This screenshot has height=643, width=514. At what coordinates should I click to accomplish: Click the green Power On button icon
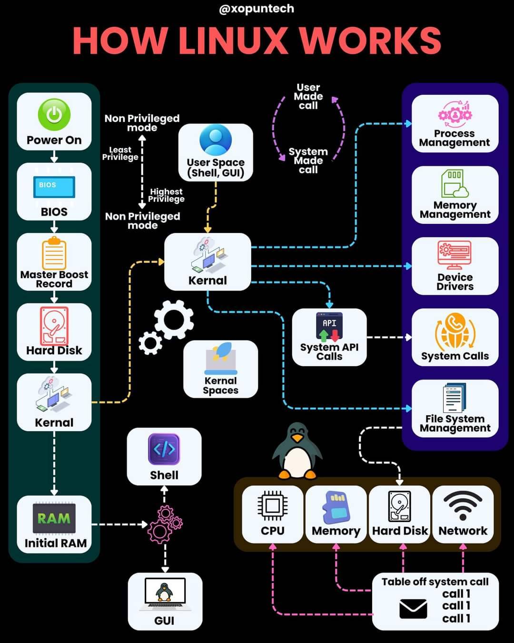click(54, 114)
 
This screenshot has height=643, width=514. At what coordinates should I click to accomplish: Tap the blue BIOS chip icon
click(54, 187)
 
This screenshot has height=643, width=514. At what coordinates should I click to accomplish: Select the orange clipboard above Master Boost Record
click(54, 253)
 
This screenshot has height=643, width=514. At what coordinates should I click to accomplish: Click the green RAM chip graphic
click(54, 518)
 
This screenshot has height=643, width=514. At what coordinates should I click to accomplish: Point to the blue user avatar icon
click(215, 140)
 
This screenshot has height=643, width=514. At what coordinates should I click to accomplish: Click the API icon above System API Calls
click(329, 327)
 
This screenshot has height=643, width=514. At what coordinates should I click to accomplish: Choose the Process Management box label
click(454, 138)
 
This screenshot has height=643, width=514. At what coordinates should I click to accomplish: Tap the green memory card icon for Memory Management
click(455, 183)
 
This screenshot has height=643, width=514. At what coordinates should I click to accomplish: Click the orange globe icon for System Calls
click(455, 331)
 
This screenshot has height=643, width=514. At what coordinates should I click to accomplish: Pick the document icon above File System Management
click(454, 397)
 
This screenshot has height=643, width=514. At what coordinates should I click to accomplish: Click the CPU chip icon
click(272, 505)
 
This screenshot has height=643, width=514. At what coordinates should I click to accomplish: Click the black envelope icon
click(413, 609)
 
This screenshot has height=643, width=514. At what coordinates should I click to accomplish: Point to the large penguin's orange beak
click(297, 438)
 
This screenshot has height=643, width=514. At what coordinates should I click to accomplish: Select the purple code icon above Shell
click(164, 449)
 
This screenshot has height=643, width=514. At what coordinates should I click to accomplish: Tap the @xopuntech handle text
click(257, 9)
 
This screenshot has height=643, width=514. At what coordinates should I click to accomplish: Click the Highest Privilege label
click(167, 195)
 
